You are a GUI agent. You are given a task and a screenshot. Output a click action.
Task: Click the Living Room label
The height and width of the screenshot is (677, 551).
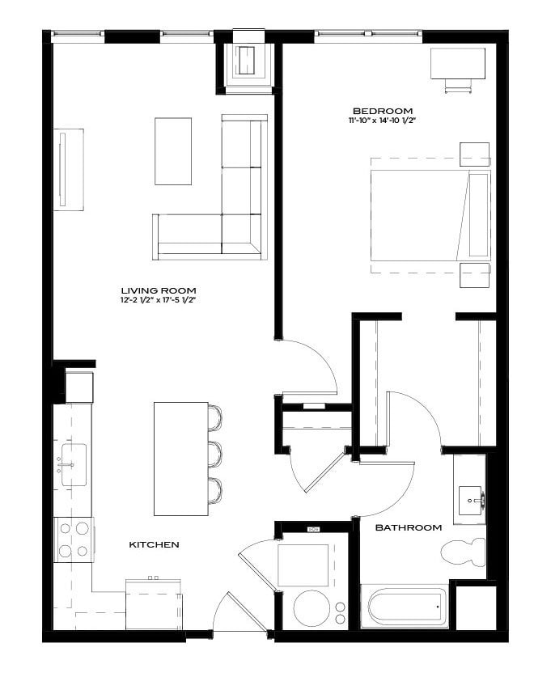tap(158, 290)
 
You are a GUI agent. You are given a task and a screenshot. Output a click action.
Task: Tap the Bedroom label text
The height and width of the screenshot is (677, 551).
tap(383, 111)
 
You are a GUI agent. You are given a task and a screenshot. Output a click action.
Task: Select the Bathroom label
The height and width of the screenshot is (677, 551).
tap(409, 527)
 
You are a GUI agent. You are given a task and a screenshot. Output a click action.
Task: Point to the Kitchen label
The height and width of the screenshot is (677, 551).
tap(154, 545)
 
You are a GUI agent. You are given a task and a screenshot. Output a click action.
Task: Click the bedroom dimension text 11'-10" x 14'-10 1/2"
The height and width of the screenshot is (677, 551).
tap(383, 121)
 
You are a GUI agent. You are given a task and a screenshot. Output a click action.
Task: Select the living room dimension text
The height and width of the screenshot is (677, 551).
tap(158, 300)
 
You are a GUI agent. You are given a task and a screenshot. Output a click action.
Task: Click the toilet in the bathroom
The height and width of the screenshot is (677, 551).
tap(464, 552)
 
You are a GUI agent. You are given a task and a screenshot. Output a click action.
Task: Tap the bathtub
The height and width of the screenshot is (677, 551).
tap(405, 607)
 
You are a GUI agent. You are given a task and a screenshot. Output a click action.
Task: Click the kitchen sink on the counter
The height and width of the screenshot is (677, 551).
tap(72, 463)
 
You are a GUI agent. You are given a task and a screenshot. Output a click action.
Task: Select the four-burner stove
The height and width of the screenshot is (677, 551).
tap(73, 539)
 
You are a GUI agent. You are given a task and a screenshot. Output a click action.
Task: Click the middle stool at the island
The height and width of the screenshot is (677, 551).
tap(214, 453)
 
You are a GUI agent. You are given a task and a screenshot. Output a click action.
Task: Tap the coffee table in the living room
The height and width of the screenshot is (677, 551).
tap(173, 151)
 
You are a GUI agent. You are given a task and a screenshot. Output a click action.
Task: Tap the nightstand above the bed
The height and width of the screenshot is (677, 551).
tap(473, 154)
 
